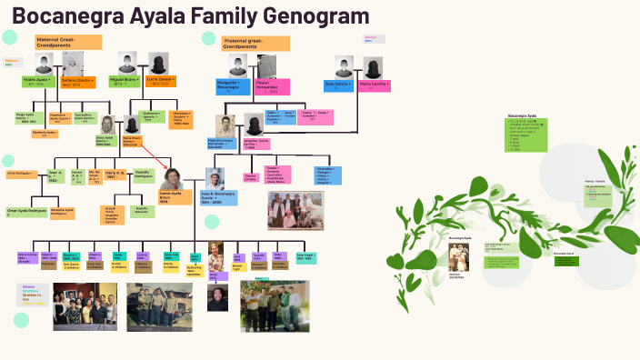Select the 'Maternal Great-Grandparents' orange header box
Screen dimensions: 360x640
coord(68,43)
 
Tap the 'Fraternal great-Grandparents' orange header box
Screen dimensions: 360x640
coord(255,43)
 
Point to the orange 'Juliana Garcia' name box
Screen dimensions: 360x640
coord(77,82)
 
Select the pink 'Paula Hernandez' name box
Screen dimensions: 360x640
coord(272,86)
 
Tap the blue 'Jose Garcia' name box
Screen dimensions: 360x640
coord(338,84)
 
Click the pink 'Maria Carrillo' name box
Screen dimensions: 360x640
coord(375,84)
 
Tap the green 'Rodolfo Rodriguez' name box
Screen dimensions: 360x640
coord(142,175)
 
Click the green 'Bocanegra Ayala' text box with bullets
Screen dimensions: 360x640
coord(527,134)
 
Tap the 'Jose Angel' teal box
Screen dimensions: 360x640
coord(305,258)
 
